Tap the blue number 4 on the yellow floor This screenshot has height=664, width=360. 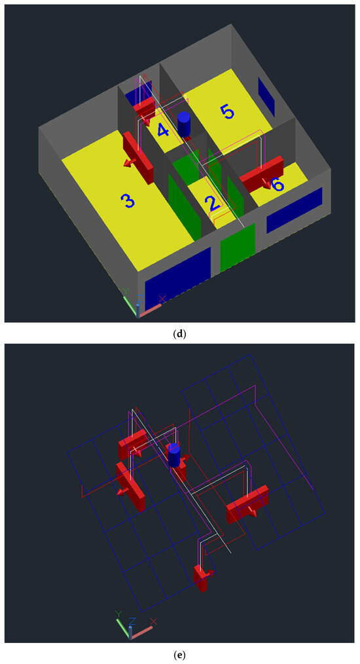point(163,130)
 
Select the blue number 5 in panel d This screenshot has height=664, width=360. point(227,112)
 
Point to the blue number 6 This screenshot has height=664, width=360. point(278,185)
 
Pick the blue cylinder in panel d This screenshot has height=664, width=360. point(184,124)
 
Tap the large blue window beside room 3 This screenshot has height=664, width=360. point(178,275)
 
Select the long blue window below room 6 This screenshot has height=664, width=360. point(295,210)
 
